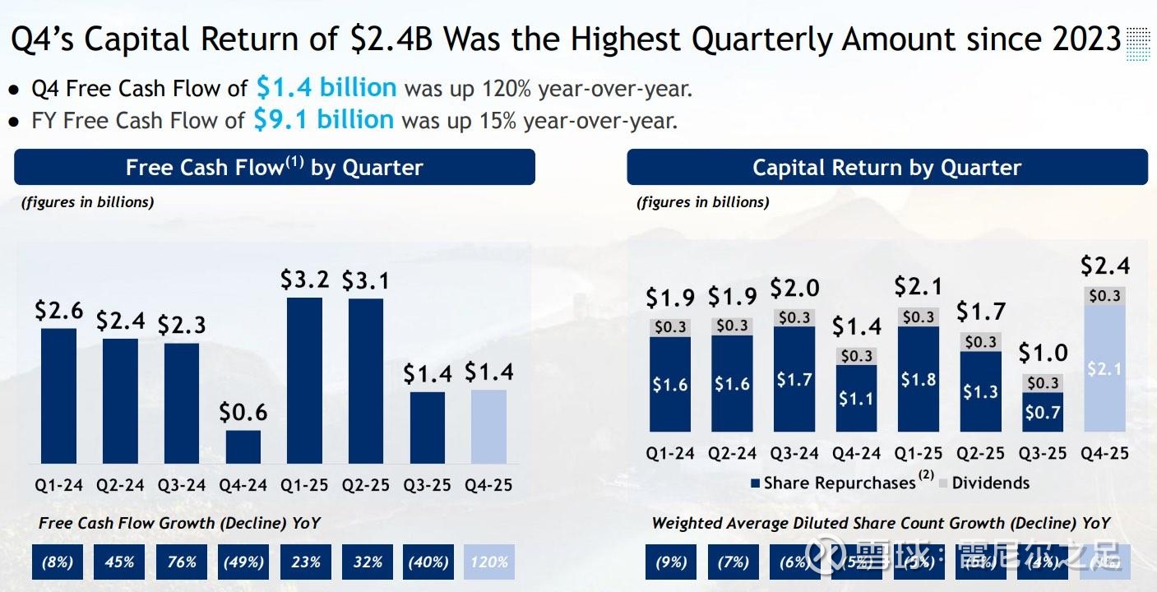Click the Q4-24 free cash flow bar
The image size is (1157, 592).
coord(243,446)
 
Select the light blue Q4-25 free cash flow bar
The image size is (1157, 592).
coord(489,426)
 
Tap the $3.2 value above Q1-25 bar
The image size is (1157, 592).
coord(304,280)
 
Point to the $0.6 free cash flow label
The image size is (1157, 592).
coord(243,412)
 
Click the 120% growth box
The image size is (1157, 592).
coord(489,562)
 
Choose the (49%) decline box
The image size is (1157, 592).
coord(243,562)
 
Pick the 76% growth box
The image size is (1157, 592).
coord(182,562)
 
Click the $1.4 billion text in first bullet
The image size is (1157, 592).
coord(326,87)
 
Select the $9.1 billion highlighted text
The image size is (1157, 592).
coord(323,120)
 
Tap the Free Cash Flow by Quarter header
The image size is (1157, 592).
coord(275,168)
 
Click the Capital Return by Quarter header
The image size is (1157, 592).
coord(886,168)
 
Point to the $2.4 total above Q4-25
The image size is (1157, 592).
coord(1104,266)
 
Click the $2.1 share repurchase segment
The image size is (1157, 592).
coord(1104,369)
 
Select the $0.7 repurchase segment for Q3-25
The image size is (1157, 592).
coord(1043,412)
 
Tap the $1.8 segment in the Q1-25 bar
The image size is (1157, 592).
coord(919,379)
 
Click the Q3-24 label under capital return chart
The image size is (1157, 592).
coord(794,453)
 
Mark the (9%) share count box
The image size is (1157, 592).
coord(671,562)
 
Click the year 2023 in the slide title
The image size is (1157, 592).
coord(1079,39)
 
